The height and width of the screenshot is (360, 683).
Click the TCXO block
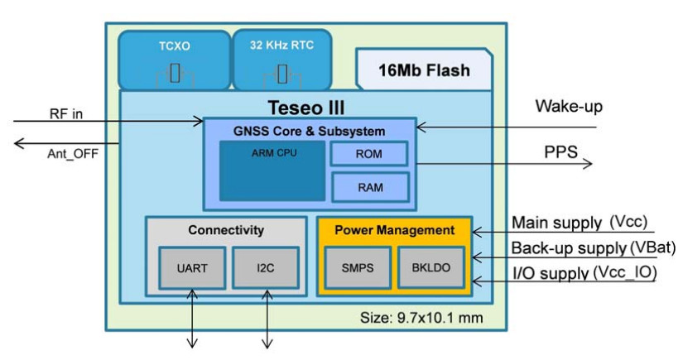pyautogui.click(x=174, y=60)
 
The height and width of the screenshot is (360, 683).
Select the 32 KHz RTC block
pyautogui.click(x=282, y=60)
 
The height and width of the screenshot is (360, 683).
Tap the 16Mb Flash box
pyautogui.click(x=424, y=70)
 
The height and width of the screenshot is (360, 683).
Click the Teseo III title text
pyautogui.click(x=306, y=108)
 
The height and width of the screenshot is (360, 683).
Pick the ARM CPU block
pyautogui.click(x=272, y=170)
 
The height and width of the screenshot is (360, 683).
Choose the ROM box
pyautogui.click(x=369, y=154)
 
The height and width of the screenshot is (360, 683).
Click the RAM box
pyautogui.click(x=371, y=188)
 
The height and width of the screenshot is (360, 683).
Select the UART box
pyautogui.click(x=192, y=267)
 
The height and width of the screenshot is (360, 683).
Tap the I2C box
pyautogui.click(x=265, y=267)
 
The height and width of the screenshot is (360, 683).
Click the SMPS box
pyautogui.click(x=358, y=267)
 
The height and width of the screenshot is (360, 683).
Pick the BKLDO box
pyautogui.click(x=431, y=267)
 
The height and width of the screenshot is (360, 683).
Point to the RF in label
pyautogui.click(x=66, y=114)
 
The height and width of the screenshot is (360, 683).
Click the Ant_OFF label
pyautogui.click(x=73, y=154)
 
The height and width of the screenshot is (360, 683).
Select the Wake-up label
pyautogui.click(x=569, y=106)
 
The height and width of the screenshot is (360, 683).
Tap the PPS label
pyautogui.click(x=561, y=152)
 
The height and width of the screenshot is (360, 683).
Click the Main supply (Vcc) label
pyautogui.click(x=580, y=222)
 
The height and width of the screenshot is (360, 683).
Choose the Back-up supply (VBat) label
pyautogui.click(x=594, y=247)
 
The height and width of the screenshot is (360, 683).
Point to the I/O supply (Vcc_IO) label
pyautogui.click(x=584, y=272)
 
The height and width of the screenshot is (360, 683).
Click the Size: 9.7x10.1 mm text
pyautogui.click(x=421, y=318)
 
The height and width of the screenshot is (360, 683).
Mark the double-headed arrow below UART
pyautogui.click(x=192, y=319)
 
